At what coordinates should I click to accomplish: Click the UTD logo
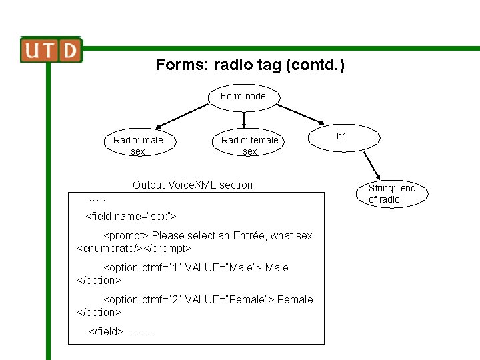tap(51, 50)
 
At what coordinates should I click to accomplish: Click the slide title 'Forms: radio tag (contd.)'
tap(250, 65)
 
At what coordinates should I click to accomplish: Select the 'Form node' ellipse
tap(243, 97)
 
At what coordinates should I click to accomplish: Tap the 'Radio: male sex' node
tap(138, 145)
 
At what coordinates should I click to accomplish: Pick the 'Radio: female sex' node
tap(249, 145)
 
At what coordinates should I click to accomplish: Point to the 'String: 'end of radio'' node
tap(391, 193)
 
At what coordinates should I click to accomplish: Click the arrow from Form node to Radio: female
tap(245, 119)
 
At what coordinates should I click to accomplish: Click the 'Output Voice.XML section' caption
tap(193, 185)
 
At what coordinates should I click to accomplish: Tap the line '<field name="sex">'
tap(131, 217)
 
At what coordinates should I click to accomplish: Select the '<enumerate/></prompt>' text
tap(134, 248)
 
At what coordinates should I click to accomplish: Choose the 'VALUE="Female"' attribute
tap(229, 299)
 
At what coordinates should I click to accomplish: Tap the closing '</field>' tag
tap(106, 331)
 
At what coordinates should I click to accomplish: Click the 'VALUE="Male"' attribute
tap(223, 267)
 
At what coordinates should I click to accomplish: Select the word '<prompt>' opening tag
tap(126, 235)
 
